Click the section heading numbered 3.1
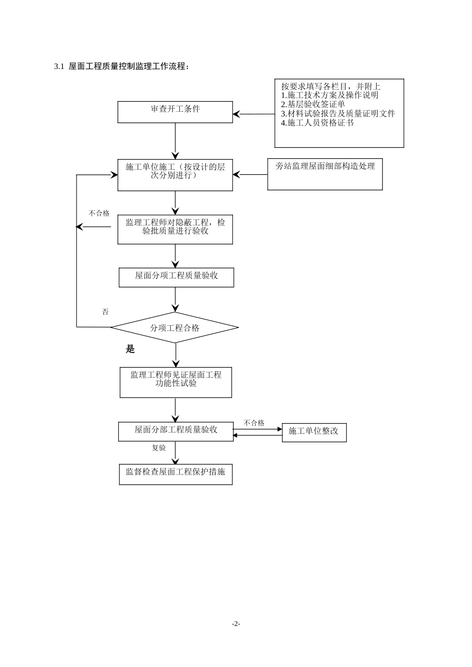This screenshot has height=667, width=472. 121,67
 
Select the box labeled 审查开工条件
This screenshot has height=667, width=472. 175,112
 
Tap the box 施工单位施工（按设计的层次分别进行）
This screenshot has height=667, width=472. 175,175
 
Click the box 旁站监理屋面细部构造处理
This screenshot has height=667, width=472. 325,174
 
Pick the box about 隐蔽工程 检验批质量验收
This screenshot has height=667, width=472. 175,229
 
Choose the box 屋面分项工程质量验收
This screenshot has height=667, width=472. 176,277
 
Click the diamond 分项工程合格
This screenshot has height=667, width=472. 174,328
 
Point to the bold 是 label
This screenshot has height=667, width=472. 130,349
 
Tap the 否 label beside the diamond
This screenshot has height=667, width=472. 105,312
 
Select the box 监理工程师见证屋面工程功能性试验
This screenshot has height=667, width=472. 176,382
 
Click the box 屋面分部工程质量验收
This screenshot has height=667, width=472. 176,431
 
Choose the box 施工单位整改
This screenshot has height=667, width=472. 314,432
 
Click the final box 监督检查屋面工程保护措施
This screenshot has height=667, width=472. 175,474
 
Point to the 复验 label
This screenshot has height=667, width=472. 159,448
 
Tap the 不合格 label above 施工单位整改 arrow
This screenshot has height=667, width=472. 254,423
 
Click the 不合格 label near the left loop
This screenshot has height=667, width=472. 99,213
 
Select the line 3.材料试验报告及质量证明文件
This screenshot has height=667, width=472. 338,114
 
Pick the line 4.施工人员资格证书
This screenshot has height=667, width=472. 317,123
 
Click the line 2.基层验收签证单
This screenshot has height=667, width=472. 313,104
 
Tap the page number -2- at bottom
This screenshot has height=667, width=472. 236,624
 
